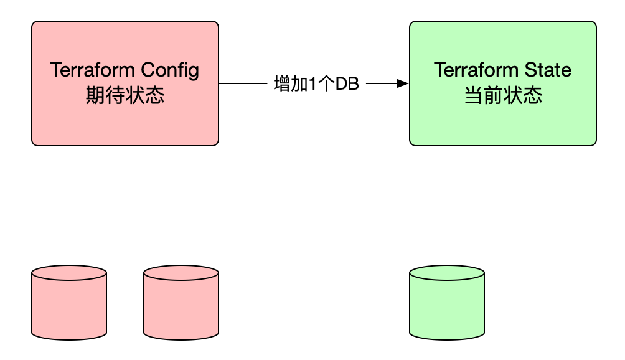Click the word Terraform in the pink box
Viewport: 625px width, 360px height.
point(93,70)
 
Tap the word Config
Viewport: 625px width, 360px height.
point(171,70)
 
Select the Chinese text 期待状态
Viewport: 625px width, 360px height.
point(125,96)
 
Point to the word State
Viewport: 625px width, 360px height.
point(548,70)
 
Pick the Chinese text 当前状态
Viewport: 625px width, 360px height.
point(503,96)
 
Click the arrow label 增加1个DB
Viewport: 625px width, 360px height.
point(316,83)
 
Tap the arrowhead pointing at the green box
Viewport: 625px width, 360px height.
point(403,83)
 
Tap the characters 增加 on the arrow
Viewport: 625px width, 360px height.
point(290,83)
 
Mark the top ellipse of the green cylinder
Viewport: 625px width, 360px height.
point(447,273)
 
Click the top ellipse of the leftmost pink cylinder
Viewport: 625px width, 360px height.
point(69,273)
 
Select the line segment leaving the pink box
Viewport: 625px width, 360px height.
point(242,83)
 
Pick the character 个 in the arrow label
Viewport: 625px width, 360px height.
point(326,83)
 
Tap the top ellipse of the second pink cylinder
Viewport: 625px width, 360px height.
point(181,273)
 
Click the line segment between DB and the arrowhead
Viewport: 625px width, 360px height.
point(381,83)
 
